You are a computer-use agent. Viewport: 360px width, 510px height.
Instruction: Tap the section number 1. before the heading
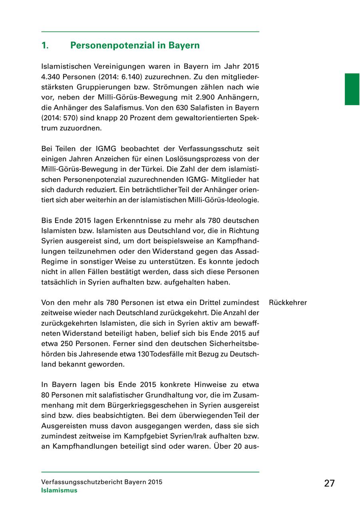tap(45, 46)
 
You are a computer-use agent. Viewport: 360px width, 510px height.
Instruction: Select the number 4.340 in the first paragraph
tap(51, 76)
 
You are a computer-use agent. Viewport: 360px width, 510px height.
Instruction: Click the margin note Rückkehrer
tap(288, 303)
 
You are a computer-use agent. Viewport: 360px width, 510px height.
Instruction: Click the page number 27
tap(329, 483)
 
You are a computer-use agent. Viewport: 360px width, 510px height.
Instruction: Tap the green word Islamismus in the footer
tap(59, 490)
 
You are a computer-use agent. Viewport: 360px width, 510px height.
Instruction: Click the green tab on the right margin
tap(352, 89)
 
